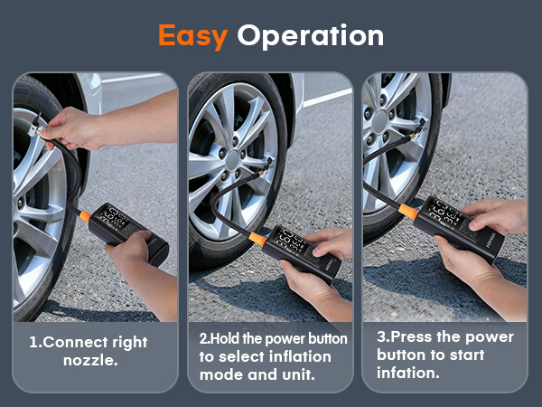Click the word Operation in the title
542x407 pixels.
(x=310, y=35)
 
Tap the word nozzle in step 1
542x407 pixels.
(x=88, y=361)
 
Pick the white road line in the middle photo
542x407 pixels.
(x=325, y=98)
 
